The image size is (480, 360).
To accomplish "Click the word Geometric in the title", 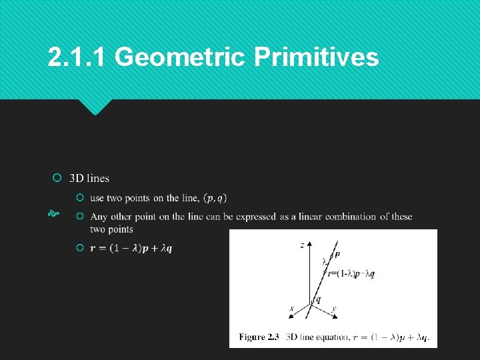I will point(181,58).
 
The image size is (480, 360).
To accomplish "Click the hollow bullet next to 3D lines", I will point(57,178).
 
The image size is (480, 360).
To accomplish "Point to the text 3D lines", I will point(89,178).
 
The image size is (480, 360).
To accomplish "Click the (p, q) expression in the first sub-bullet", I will point(215,198).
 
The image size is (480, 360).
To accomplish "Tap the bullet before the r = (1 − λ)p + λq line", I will point(80,248).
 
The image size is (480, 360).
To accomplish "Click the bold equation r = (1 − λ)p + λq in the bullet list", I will point(131,248).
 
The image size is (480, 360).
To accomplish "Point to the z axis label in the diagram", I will point(302,245).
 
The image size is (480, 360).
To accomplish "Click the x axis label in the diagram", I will point(291,309).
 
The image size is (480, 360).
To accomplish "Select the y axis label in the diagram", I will point(334,309).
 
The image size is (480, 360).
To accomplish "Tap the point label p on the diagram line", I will point(337,254).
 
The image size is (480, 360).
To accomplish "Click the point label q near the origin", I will point(318,300).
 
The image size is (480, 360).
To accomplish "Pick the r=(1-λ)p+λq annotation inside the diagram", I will point(351,273).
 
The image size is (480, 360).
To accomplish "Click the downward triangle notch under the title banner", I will point(95,106).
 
